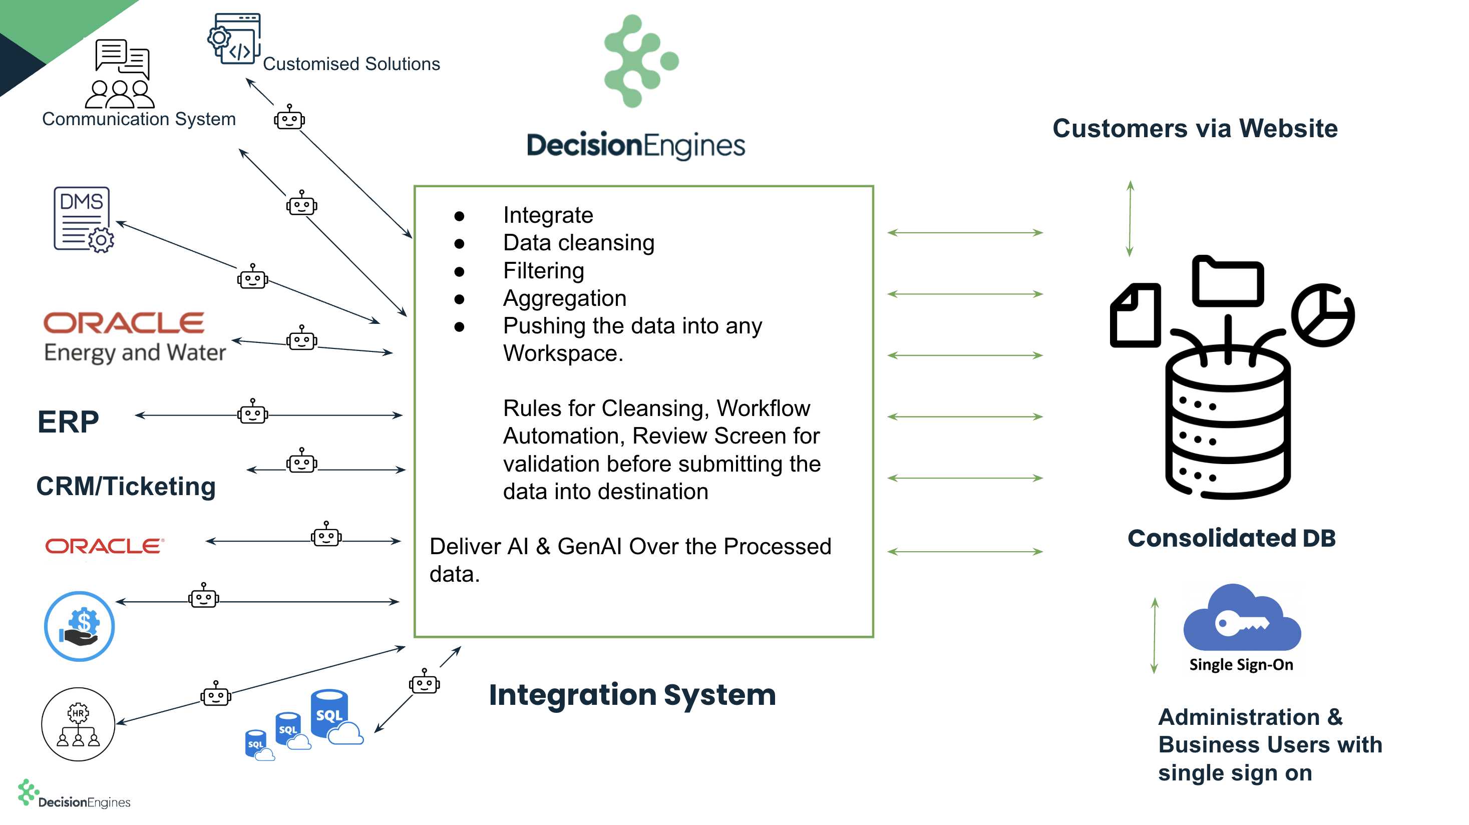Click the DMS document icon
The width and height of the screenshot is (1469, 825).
83,219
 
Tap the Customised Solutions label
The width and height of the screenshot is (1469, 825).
351,64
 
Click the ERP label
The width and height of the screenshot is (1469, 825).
68,422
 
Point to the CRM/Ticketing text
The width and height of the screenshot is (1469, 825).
126,486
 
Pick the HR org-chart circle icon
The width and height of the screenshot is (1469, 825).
78,724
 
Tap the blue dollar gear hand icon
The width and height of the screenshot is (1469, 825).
79,626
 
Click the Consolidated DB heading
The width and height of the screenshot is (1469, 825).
1231,538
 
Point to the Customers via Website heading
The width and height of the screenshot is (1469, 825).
1195,128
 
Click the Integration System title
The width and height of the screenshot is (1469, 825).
632,694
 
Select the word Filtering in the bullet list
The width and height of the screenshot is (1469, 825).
543,271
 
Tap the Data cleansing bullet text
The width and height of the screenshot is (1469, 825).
578,243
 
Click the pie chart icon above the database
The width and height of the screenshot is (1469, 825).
1322,315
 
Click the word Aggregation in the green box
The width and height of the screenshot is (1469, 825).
565,298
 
